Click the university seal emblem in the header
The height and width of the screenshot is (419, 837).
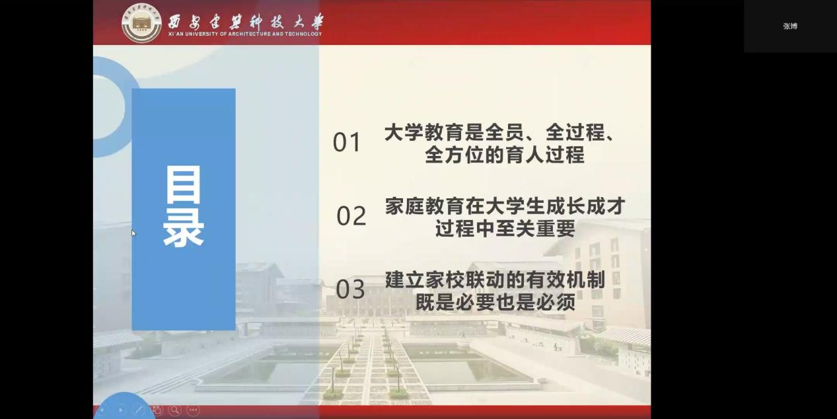tap(141, 23)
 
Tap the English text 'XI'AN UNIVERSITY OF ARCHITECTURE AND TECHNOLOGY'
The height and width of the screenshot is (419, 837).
tap(244, 34)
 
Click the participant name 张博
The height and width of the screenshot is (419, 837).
tap(790, 26)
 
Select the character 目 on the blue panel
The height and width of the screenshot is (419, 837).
tap(183, 184)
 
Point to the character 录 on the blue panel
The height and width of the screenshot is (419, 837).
tap(183, 228)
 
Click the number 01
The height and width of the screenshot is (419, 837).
tap(347, 142)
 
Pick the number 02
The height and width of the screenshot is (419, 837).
tap(351, 215)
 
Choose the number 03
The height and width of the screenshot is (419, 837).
tap(350, 289)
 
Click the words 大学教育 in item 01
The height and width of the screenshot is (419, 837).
tap(424, 132)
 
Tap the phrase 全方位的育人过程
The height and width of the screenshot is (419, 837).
tap(505, 155)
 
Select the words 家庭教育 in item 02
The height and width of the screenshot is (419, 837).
tap(425, 206)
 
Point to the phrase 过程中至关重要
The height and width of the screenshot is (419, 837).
tap(505, 229)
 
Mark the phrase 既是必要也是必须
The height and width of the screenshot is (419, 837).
tap(495, 302)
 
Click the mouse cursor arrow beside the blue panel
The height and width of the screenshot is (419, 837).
tap(133, 233)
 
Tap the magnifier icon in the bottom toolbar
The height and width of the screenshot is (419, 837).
tap(174, 410)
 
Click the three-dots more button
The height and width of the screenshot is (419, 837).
tap(193, 410)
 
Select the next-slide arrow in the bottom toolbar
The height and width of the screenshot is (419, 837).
tap(120, 410)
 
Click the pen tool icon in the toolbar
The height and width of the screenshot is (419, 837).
tap(139, 410)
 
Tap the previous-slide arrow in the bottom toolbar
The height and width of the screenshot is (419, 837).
tap(102, 410)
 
